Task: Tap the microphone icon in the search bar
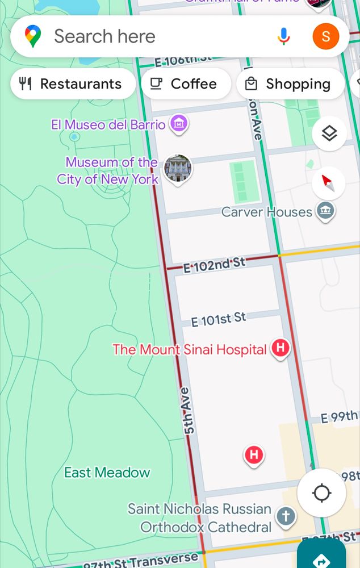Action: pyautogui.click(x=283, y=37)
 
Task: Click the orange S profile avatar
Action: pyautogui.click(x=326, y=37)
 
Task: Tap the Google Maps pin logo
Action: pyautogui.click(x=33, y=37)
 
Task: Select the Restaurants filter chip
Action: pyautogui.click(x=73, y=84)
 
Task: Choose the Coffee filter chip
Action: pyautogui.click(x=185, y=84)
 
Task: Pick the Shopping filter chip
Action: pyautogui.click(x=290, y=84)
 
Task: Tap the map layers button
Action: pyautogui.click(x=329, y=133)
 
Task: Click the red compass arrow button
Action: pyautogui.click(x=329, y=183)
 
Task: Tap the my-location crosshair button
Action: pyautogui.click(x=321, y=492)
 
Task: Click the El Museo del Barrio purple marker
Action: pyautogui.click(x=179, y=123)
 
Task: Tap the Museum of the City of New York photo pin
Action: pyautogui.click(x=178, y=168)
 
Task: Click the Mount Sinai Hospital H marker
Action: pyautogui.click(x=281, y=348)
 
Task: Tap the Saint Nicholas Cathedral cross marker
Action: pyautogui.click(x=286, y=517)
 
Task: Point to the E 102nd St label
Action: pyautogui.click(x=214, y=264)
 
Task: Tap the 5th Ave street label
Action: pyautogui.click(x=189, y=411)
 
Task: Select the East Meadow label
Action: pyautogui.click(x=107, y=473)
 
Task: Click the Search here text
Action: pyautogui.click(x=104, y=37)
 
